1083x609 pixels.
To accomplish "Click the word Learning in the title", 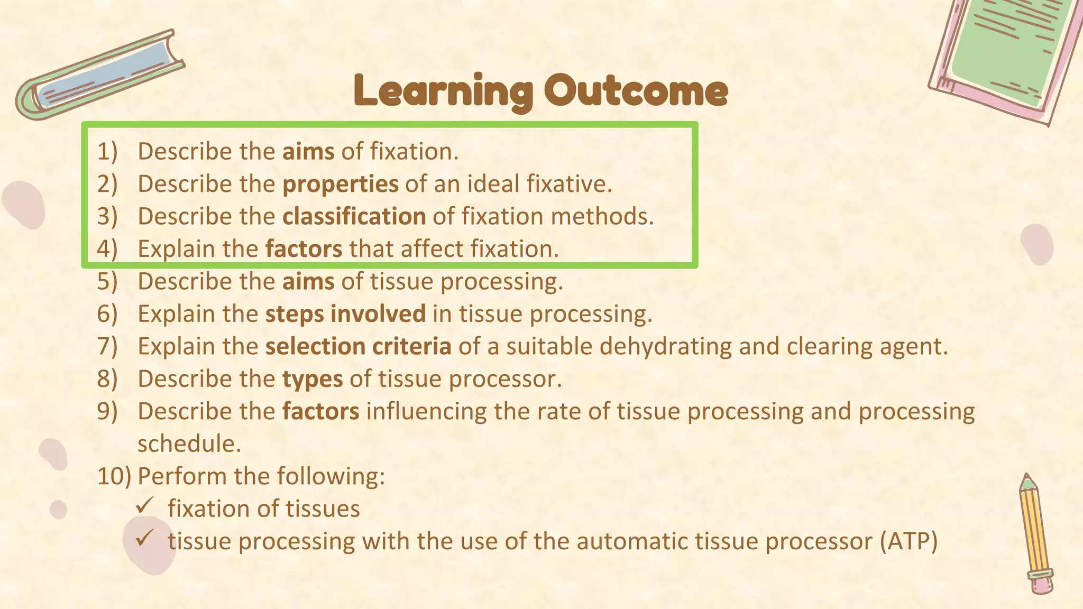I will [443, 91].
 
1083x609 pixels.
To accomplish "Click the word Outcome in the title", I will [636, 91].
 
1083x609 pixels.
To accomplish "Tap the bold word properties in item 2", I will [341, 184].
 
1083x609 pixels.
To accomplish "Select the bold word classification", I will [354, 216].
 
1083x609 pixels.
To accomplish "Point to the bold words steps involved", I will [345, 314].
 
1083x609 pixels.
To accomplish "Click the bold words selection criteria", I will [358, 346].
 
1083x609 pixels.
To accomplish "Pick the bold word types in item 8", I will [312, 379].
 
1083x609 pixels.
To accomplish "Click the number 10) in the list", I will [113, 476].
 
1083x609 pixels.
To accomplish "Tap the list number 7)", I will [107, 346].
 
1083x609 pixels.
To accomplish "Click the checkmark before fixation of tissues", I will [144, 506].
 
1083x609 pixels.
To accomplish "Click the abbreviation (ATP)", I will [908, 541].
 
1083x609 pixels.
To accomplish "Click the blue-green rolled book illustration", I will [100, 77].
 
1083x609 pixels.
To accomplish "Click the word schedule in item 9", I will [189, 444].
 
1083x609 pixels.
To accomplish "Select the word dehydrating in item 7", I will [666, 346].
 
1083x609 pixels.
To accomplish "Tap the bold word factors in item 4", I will [304, 249].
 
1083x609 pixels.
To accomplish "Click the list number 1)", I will [107, 152].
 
